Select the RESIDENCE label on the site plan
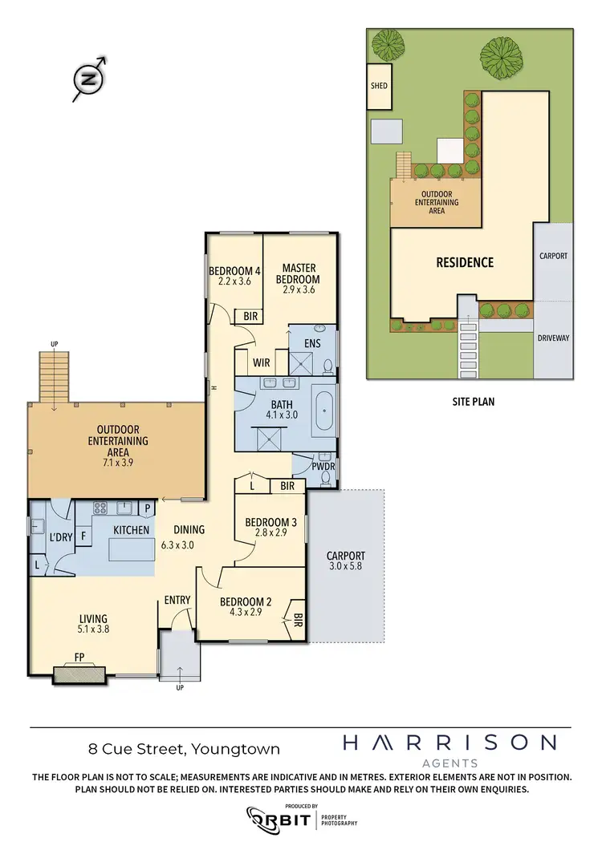click(464, 262)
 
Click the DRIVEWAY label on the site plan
click(553, 338)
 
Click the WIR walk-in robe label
click(261, 362)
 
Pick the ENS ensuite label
click(313, 344)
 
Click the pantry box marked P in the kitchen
click(148, 508)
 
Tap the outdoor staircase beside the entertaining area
click(55, 378)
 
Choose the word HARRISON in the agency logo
click(449, 743)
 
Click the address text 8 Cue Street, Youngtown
click(184, 750)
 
